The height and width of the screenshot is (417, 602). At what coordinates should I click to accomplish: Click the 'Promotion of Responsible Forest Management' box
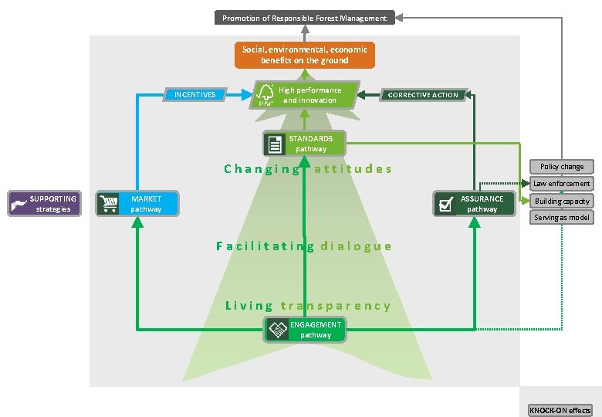coord(305,18)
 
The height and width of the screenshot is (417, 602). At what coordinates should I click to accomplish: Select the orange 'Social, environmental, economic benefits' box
coord(305,55)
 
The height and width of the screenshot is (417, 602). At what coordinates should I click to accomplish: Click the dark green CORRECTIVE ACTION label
coord(423,95)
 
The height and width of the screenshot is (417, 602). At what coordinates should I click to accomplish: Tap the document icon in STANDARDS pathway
coord(274,144)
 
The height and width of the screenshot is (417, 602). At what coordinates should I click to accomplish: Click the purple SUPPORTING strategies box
coord(45,204)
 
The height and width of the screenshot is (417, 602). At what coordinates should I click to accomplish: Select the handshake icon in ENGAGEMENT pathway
coord(277,331)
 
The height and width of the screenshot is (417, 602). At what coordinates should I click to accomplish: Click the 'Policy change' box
coord(562,167)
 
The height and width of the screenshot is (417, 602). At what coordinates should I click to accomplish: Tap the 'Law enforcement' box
coord(562,184)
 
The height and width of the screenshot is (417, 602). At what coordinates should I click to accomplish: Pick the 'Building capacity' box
coord(562,201)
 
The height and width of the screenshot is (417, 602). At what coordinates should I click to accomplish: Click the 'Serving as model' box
coord(562,218)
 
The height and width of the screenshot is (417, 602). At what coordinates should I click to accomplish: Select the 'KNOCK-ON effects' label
coord(560,410)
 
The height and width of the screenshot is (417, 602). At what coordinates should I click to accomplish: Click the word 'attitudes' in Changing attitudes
coord(353,169)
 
